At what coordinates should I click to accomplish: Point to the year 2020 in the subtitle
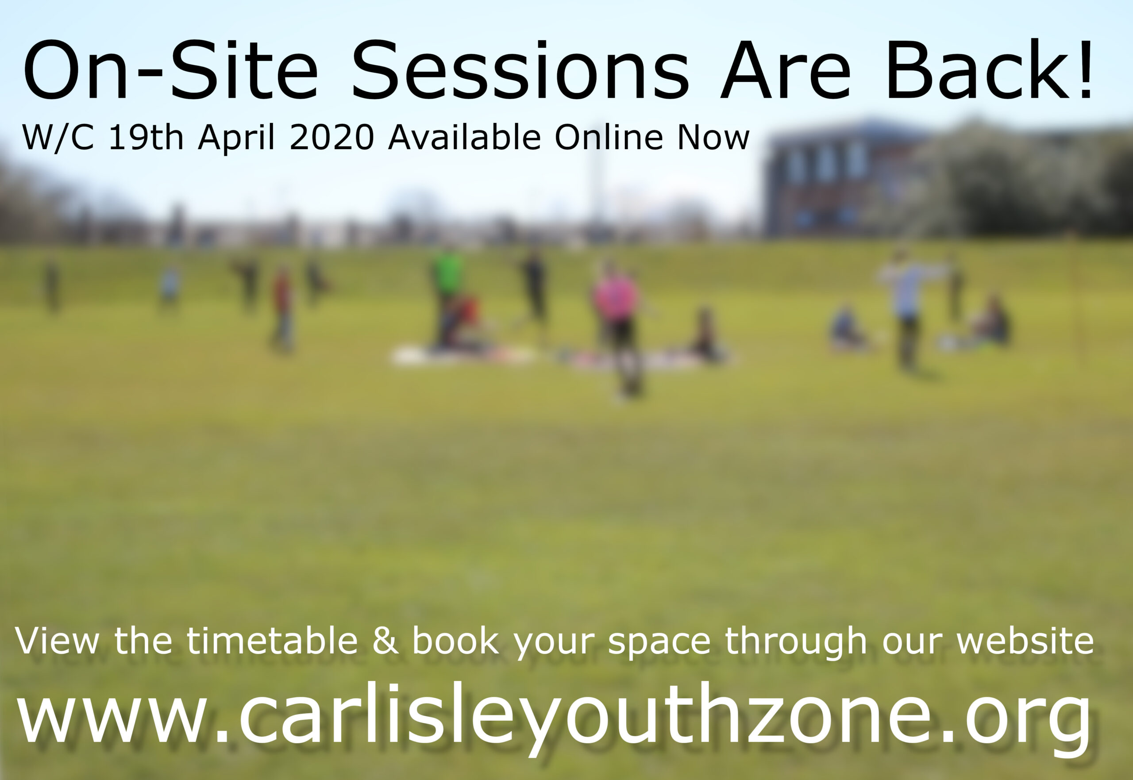(x=332, y=137)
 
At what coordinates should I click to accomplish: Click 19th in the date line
(x=146, y=137)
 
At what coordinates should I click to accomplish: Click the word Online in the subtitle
(x=609, y=137)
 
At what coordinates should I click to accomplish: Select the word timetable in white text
(x=272, y=641)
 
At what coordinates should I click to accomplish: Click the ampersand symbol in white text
(x=385, y=641)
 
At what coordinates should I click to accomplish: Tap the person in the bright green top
(x=447, y=293)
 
